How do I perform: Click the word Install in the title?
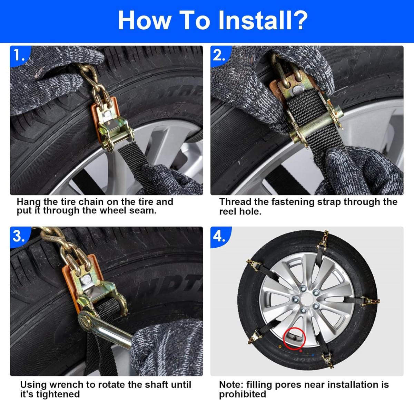click(255, 20)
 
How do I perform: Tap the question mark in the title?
click(299, 20)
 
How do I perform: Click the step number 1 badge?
click(19, 56)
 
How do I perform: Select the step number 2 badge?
click(219, 56)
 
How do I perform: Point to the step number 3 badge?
click(19, 237)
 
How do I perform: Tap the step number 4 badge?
click(219, 237)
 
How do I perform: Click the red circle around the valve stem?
click(294, 339)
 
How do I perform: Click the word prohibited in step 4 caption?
click(243, 394)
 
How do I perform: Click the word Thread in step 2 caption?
click(234, 202)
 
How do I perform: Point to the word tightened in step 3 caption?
click(58, 394)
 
